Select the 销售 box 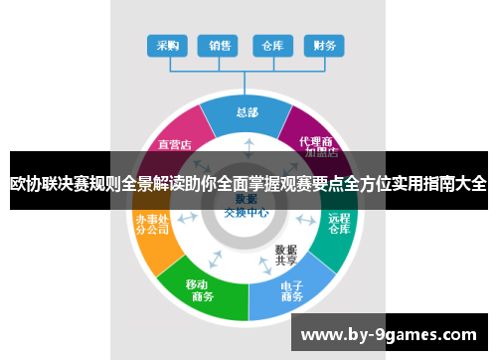click(x=220, y=45)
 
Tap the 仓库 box click(x=272, y=45)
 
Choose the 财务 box click(x=324, y=45)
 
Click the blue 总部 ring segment click(x=247, y=113)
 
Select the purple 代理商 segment click(x=319, y=144)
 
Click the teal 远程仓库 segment click(x=338, y=224)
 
